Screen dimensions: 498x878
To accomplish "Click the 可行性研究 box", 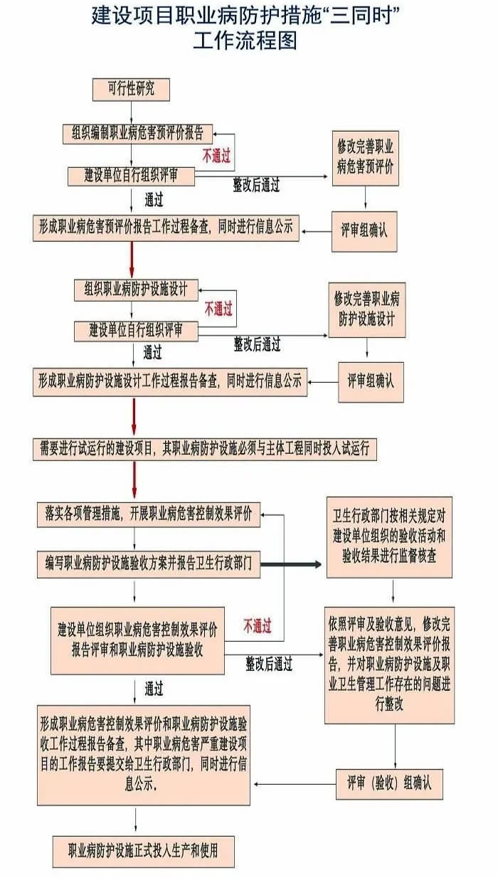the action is pyautogui.click(x=131, y=90).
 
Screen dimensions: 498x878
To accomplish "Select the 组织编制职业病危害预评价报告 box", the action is pyautogui.click(x=138, y=134).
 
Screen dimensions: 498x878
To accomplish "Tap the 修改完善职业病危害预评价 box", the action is pyautogui.click(x=365, y=158).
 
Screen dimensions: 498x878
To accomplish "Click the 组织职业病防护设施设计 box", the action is pyautogui.click(x=136, y=290).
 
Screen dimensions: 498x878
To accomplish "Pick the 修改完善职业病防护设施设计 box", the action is pyautogui.click(x=366, y=310).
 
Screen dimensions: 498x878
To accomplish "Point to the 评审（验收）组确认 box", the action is pyautogui.click(x=389, y=783).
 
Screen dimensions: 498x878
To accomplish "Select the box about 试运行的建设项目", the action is pyautogui.click(x=204, y=449).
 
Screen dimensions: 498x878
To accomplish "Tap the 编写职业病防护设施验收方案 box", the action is pyautogui.click(x=149, y=564).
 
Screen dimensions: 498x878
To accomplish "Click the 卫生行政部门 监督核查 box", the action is pyautogui.click(x=389, y=537).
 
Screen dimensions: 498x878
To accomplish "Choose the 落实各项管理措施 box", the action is pyautogui.click(x=149, y=514).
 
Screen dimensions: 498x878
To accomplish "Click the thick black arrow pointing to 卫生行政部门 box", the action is pyautogui.click(x=291, y=564).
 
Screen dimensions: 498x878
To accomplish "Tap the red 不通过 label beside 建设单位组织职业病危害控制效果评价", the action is pyautogui.click(x=258, y=626).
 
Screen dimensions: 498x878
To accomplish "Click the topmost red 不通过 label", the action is pyautogui.click(x=216, y=156).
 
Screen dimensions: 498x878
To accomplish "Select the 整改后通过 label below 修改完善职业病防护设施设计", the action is pyautogui.click(x=257, y=344).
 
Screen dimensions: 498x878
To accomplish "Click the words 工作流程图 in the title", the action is pyautogui.click(x=245, y=41).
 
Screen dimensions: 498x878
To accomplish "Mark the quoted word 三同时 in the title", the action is pyautogui.click(x=360, y=16).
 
